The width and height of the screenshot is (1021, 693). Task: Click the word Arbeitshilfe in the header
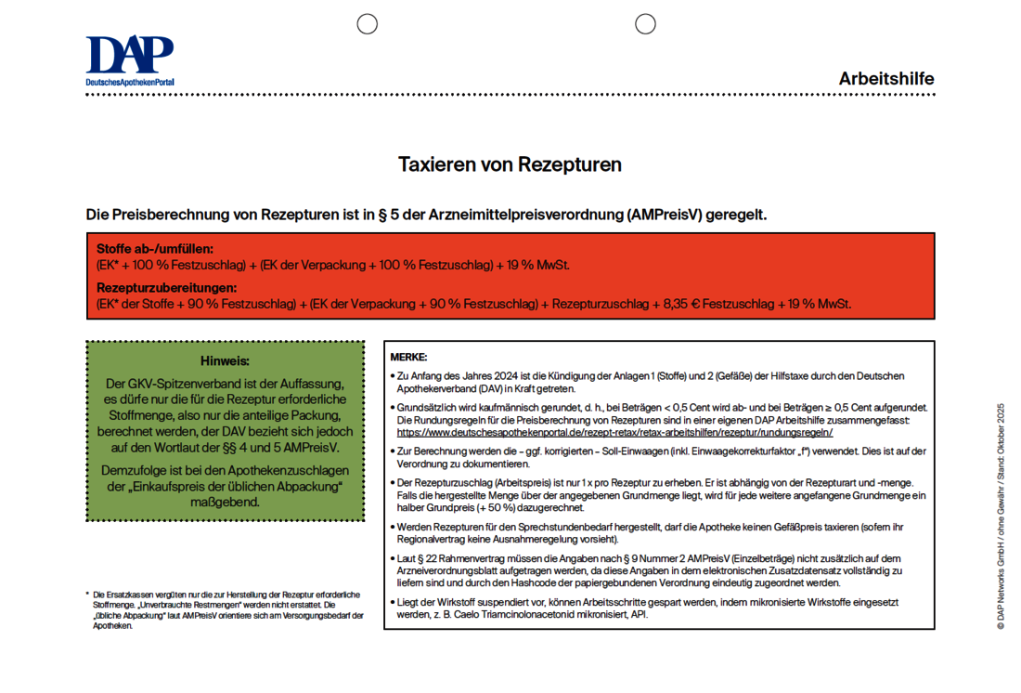coord(886,79)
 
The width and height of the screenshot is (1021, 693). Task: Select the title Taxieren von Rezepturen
coord(510,165)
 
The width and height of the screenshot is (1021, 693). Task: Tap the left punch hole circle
coord(368,24)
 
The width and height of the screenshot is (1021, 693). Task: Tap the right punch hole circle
coord(645,24)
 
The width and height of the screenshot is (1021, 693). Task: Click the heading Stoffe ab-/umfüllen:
coord(155,249)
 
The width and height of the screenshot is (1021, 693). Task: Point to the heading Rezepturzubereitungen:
coord(166,289)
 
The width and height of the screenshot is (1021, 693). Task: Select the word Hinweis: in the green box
coord(225,360)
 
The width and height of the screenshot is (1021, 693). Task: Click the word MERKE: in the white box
coord(408,357)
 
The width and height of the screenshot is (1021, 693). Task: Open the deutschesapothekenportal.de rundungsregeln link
coord(614,432)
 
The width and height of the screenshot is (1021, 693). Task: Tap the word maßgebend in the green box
coord(225,503)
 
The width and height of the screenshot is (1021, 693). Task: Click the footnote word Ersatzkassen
coord(130,594)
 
